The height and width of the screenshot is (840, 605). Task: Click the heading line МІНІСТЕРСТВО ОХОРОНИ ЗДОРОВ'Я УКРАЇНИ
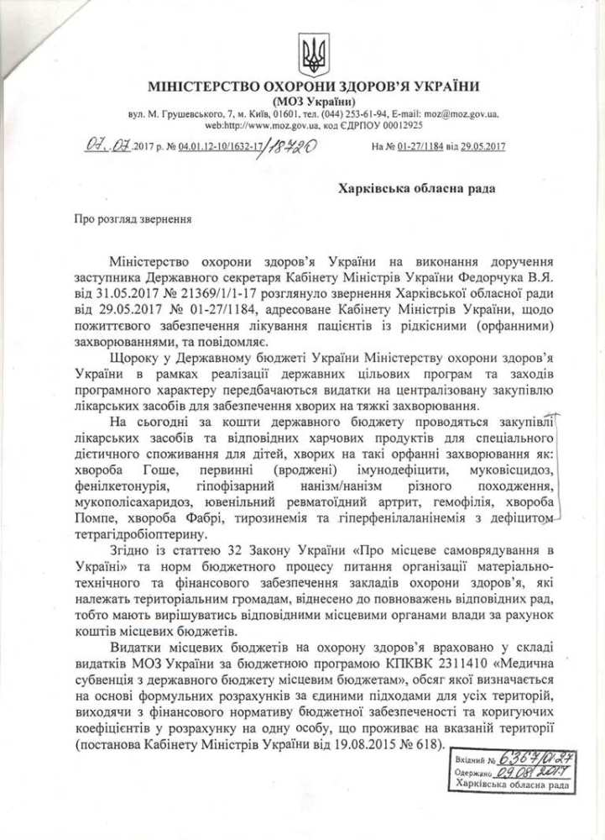point(313,87)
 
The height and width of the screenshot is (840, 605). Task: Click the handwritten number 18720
point(289,147)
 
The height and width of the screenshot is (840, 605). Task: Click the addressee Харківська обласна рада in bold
point(416,188)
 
